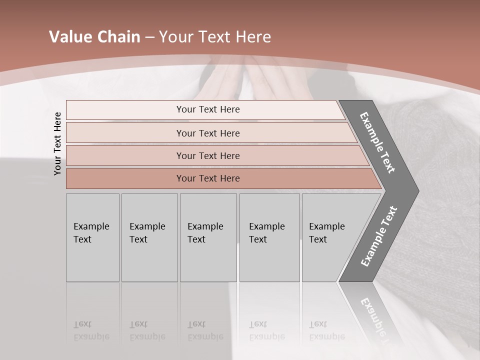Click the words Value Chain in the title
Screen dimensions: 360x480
pos(94,37)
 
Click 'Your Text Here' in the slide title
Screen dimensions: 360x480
pos(215,37)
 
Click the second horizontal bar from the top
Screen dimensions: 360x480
pos(208,133)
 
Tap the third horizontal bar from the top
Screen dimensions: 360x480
pos(208,155)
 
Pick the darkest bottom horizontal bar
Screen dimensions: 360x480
pos(208,178)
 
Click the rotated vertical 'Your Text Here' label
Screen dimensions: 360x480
pos(57,143)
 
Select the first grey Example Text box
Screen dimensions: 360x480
pos(92,237)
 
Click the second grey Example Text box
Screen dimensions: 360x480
pos(149,237)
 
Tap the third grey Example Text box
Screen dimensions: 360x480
pos(207,237)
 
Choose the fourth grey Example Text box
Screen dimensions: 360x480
pos(269,237)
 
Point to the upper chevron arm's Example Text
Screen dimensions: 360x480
pos(378,142)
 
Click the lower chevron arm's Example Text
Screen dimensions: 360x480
pos(379,236)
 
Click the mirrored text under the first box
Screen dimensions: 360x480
pos(91,330)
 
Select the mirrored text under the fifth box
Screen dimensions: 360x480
pos(326,330)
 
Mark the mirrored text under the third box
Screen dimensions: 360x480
pos(205,330)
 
